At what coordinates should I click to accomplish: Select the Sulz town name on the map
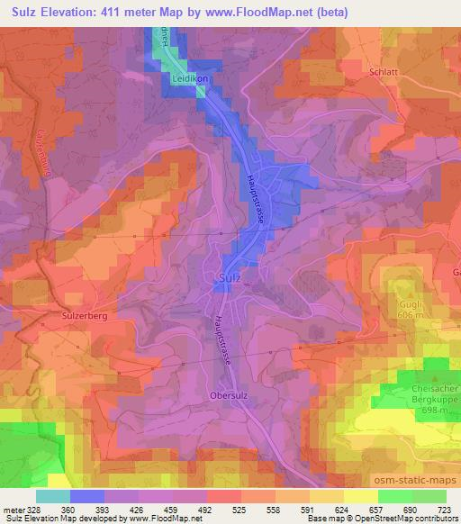click(x=229, y=279)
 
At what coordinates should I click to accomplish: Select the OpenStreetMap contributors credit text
click(x=397, y=518)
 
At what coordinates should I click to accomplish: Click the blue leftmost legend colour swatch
click(x=53, y=496)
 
